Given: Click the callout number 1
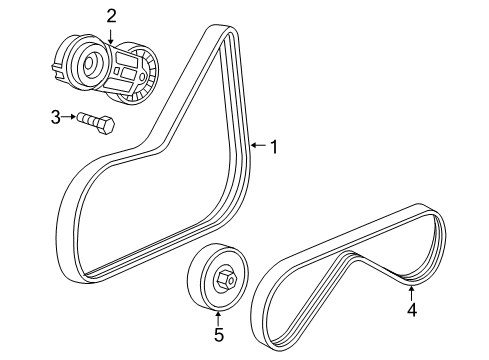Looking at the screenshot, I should pos(272,146).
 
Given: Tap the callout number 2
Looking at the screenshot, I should pos(112,15).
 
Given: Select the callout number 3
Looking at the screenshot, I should pos(57,118).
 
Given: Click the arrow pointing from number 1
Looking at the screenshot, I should pos(256,146).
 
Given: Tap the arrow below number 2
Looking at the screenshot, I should pos(112,36).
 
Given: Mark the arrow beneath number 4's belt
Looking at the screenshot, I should pos(411,292).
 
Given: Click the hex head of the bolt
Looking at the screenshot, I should pos(104,125).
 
